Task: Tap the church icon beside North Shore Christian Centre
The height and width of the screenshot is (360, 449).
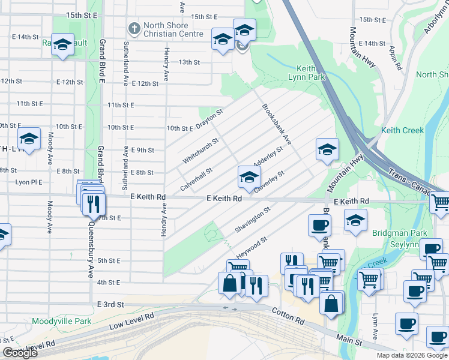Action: coord(134,28)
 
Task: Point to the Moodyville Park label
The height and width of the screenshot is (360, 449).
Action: coord(62,322)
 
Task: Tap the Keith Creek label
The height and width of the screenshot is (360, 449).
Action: coord(402,130)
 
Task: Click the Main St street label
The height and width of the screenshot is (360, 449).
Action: coord(350,341)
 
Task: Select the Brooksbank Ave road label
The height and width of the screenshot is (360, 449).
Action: coord(276,124)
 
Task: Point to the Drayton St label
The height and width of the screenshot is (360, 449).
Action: coord(209,118)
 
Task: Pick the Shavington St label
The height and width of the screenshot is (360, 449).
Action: coord(253,220)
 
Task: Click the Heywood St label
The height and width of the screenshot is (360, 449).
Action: coord(252,245)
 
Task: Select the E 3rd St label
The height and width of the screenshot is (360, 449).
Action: coord(110,305)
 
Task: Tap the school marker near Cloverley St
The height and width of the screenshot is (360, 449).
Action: coord(249,176)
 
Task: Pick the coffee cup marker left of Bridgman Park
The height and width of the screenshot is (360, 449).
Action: coord(319,226)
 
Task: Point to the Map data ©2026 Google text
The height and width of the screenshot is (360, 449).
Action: coord(411,355)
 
